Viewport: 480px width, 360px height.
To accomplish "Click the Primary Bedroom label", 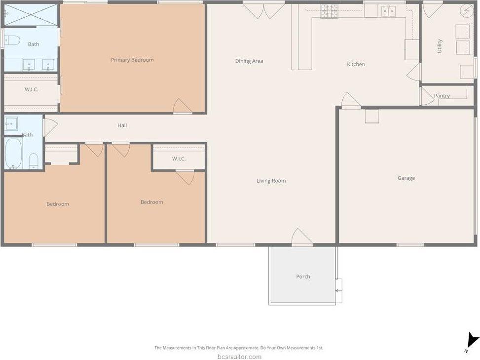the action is pos(132,60).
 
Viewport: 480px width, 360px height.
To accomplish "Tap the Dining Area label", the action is pos(249,61).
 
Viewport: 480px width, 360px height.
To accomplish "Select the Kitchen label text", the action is pos(356,64).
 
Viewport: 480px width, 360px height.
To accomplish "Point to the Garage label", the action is pos(406,178).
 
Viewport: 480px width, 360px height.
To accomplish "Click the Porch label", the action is pos(303,277).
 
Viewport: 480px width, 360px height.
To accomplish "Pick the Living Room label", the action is pos(271,181).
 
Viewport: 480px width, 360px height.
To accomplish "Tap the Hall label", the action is pos(122,125).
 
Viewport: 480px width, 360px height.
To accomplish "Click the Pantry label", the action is pos(442,96).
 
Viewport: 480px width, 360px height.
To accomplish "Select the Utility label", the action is pos(439,46).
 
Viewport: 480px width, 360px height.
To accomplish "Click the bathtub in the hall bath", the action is pos(13,154).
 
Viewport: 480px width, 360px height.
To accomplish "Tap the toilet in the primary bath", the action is pos(12,40).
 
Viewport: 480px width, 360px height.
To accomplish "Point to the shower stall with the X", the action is pos(31,15).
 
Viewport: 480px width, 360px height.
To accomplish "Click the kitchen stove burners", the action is pos(330,11).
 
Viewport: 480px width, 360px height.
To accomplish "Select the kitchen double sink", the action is pos(388,11).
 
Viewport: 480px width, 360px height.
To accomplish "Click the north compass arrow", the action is pos(472,341).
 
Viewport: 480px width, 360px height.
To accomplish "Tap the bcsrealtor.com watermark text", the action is pos(240,357).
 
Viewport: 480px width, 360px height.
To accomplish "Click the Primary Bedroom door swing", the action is pos(183,106).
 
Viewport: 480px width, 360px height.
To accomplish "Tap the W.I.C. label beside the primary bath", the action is pos(32,89).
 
